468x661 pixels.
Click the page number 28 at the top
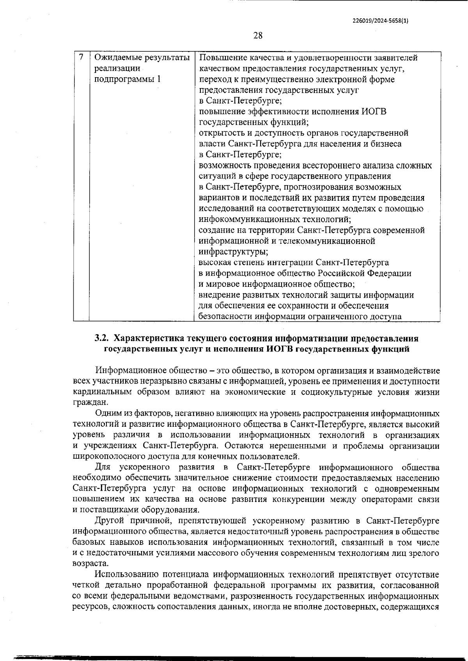[258, 36]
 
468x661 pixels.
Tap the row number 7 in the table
[81, 57]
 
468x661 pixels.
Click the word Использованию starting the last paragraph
[126, 574]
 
